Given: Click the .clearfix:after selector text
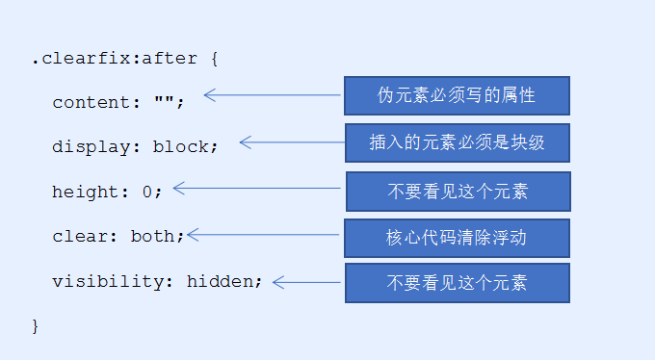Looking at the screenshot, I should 114,59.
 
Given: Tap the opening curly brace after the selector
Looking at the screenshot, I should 214,59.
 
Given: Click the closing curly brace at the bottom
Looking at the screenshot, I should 36,326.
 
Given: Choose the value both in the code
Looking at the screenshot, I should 159,236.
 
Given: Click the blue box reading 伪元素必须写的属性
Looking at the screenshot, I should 457,96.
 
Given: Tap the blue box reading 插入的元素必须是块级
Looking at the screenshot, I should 457,142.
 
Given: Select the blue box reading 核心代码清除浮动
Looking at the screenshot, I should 457,238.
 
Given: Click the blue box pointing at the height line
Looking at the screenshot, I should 457,192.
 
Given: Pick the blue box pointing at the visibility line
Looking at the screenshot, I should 457,283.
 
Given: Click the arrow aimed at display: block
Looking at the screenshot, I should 291,142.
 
